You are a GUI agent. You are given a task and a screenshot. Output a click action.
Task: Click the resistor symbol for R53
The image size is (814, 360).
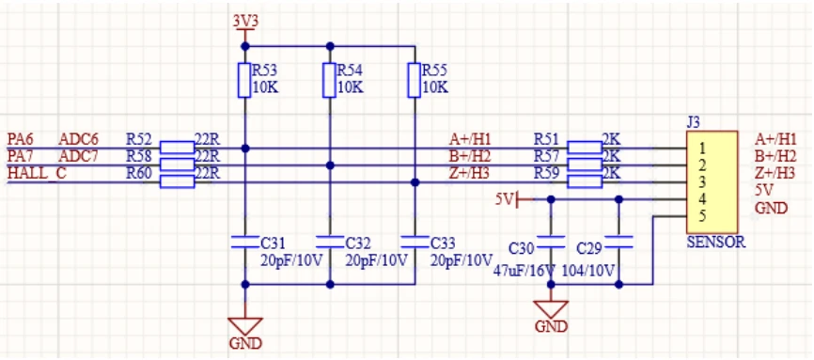pyautogui.click(x=245, y=80)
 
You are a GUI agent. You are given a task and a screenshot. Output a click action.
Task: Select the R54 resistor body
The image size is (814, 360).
pyautogui.click(x=329, y=80)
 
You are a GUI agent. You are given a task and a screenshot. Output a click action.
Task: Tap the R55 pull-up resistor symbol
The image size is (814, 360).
pyautogui.click(x=414, y=80)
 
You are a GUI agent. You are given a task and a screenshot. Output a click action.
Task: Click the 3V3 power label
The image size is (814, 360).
pyautogui.click(x=245, y=22)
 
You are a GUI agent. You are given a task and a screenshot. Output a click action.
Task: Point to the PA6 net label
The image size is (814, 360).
pyautogui.click(x=21, y=139)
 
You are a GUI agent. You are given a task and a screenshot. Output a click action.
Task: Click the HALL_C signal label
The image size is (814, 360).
pyautogui.click(x=37, y=174)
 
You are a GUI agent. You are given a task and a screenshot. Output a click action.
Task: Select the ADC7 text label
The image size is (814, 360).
pyautogui.click(x=77, y=156)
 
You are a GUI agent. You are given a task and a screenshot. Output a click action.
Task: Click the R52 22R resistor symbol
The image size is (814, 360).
pyautogui.click(x=177, y=148)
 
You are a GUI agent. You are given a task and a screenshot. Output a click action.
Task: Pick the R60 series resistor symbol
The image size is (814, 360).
pyautogui.click(x=177, y=181)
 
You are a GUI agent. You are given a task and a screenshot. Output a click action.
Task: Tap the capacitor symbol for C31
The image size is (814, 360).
pyautogui.click(x=245, y=242)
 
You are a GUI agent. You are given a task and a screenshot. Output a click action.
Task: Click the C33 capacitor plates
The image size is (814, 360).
pyautogui.click(x=415, y=242)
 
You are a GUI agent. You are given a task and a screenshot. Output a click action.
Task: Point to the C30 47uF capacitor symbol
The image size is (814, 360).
pyautogui.click(x=551, y=242)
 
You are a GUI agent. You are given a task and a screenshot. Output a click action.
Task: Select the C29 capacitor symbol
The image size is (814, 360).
pyautogui.click(x=618, y=242)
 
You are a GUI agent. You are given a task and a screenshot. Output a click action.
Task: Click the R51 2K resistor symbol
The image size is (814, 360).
pyautogui.click(x=585, y=148)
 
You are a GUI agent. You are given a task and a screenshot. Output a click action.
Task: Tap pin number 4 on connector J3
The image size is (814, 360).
pyautogui.click(x=702, y=198)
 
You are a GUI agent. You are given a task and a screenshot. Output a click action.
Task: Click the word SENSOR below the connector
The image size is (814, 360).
pyautogui.click(x=716, y=243)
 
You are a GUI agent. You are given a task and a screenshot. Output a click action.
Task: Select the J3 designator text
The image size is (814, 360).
pyautogui.click(x=693, y=122)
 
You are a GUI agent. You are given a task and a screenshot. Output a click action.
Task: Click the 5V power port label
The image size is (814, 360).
pyautogui.click(x=504, y=199)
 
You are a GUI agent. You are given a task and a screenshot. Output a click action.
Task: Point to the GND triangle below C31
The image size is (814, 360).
pyautogui.click(x=245, y=326)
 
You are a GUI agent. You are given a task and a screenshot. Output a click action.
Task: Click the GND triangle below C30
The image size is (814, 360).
pyautogui.click(x=551, y=309)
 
